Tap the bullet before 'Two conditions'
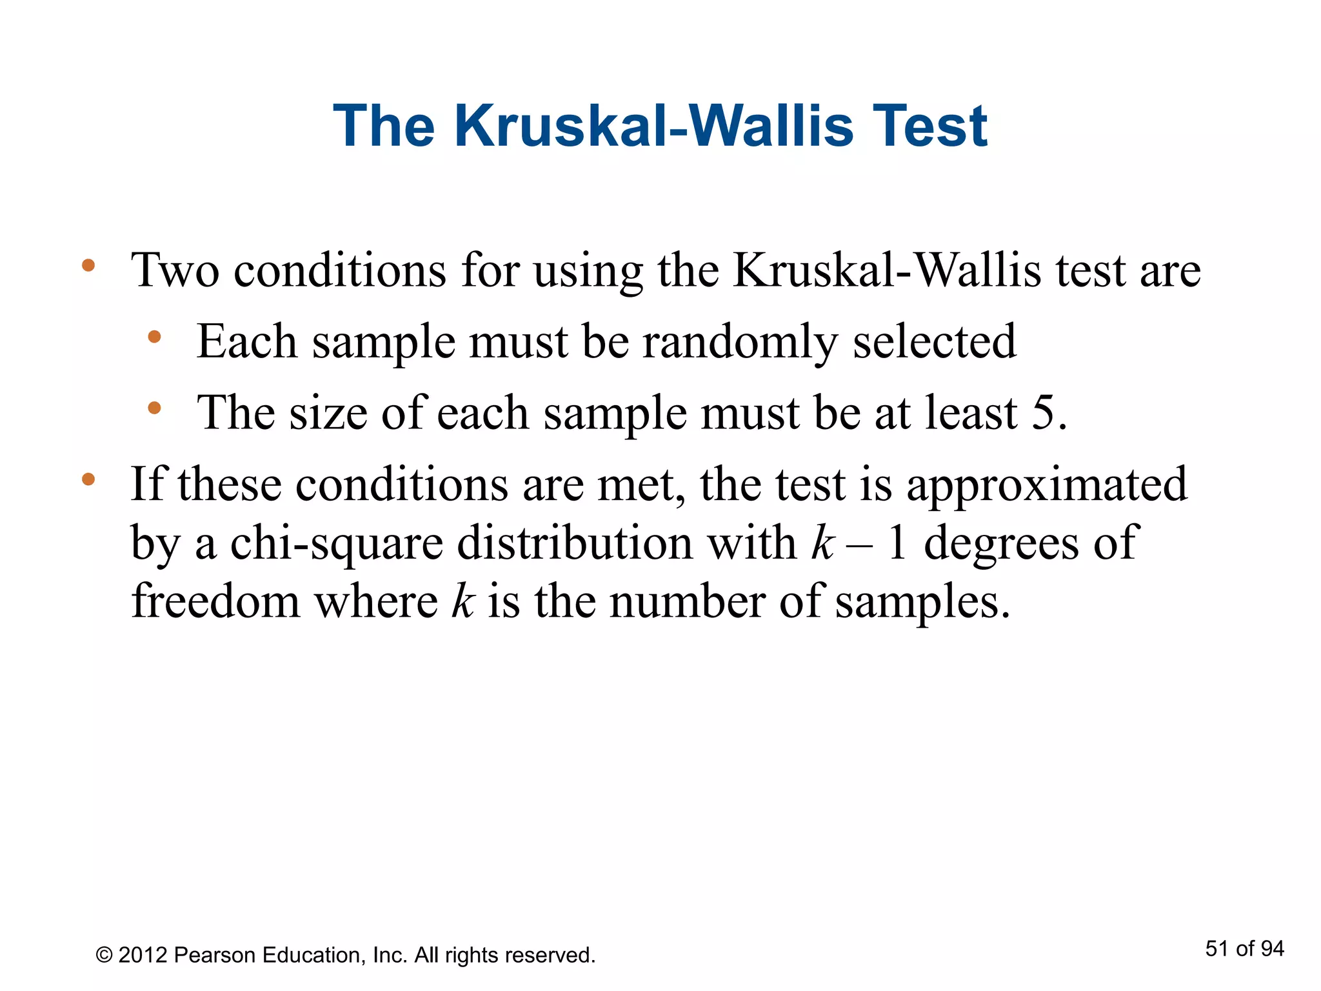click(x=88, y=265)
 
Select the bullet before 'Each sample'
click(x=154, y=337)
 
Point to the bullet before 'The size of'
click(x=154, y=408)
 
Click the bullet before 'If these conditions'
click(x=88, y=479)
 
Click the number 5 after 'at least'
click(x=1043, y=413)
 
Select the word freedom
click(x=215, y=601)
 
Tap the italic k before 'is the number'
click(x=462, y=601)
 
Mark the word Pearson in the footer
click(x=215, y=955)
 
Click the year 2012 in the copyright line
click(x=143, y=955)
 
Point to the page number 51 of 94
click(x=1244, y=948)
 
